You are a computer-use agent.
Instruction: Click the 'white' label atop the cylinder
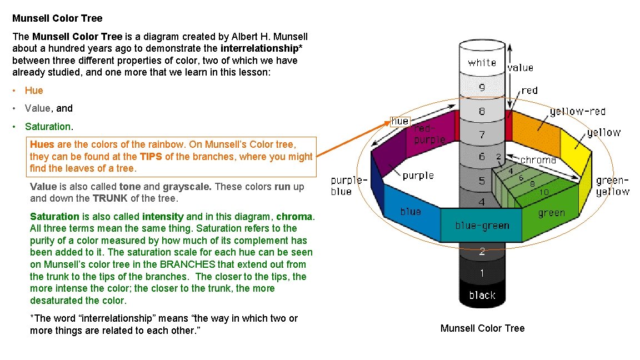coord(482,63)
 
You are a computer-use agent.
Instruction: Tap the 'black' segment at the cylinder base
coord(482,295)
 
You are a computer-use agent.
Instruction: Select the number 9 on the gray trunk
coord(482,87)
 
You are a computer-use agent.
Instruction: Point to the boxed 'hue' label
coord(400,121)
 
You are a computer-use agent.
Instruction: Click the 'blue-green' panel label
coord(482,226)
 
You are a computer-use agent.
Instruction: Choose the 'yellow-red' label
coord(577,112)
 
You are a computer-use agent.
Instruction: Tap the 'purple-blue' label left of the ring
coord(349,186)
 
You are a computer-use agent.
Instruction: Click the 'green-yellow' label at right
coord(613,186)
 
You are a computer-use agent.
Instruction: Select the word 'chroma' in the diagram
coord(538,160)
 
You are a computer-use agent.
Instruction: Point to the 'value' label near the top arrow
coord(521,68)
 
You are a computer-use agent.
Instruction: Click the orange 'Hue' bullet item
coord(34,91)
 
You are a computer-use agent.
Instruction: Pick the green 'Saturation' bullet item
coord(48,127)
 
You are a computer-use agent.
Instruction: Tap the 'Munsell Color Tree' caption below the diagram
coord(482,328)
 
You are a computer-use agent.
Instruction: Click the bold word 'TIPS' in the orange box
coord(151,157)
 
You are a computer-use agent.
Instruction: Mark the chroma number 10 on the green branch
coord(544,192)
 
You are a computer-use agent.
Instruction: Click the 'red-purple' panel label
coord(429,134)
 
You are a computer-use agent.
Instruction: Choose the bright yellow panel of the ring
coord(574,150)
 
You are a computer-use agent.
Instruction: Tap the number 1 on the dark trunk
coord(482,273)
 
